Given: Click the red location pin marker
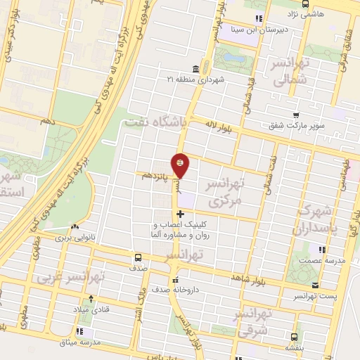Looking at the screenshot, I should pyautogui.click(x=181, y=165).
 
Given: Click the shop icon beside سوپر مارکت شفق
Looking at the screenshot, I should pyautogui.click(x=297, y=115).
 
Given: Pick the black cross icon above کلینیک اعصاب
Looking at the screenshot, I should pyautogui.click(x=181, y=214).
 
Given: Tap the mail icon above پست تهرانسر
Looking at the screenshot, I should pyautogui.click(x=315, y=285).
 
